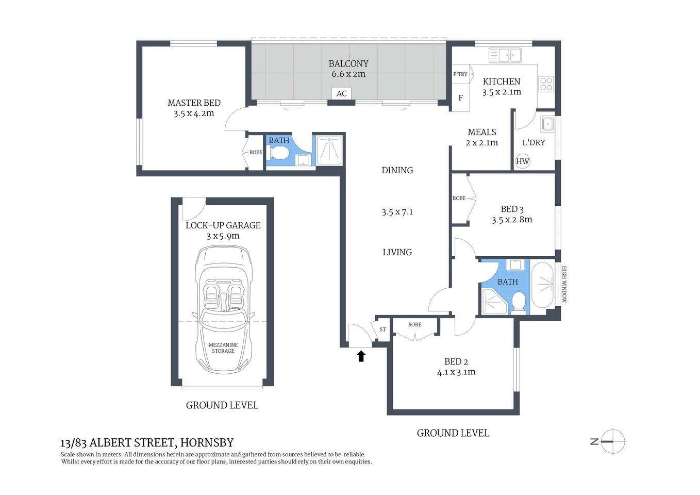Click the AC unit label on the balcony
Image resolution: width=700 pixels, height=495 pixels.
tap(341, 93)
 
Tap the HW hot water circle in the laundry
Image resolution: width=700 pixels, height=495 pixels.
tap(522, 161)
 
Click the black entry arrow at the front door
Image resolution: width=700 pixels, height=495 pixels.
tap(361, 356)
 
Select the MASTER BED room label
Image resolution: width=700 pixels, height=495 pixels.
tap(194, 103)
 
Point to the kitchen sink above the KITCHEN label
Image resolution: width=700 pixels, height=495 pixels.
tap(505, 55)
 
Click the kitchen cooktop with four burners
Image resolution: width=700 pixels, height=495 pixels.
tap(546, 84)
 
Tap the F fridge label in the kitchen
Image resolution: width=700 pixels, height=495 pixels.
tap(461, 98)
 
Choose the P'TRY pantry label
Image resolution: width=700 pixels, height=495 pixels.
tap(460, 74)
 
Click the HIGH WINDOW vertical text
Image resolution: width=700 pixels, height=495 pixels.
tap(564, 284)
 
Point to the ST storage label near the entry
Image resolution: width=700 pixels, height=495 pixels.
tap(382, 329)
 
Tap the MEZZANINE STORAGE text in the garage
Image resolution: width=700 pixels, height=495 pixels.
tap(223, 348)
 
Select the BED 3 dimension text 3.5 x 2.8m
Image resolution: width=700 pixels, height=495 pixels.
tap(512, 220)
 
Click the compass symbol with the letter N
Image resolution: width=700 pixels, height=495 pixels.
tap(612, 442)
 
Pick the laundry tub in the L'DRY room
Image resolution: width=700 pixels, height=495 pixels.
tap(547, 124)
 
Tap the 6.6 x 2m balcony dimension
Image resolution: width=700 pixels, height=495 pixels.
tap(348, 74)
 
